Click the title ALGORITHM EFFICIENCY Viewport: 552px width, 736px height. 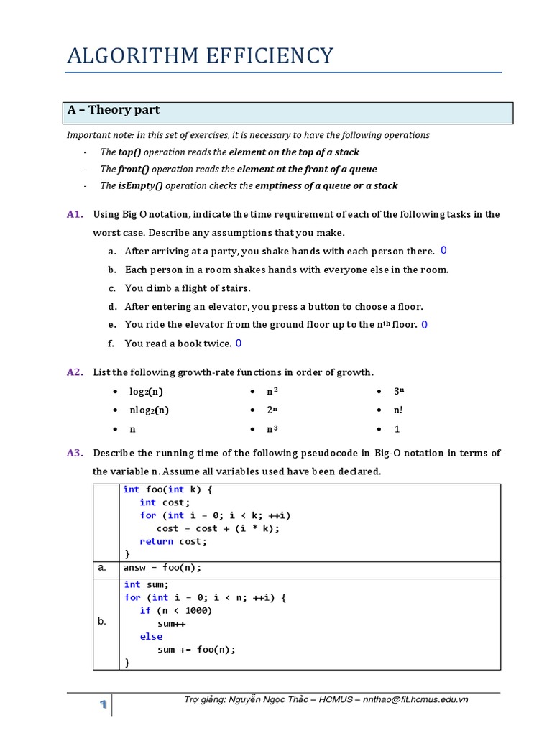(200, 56)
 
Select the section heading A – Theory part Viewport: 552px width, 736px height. (113, 111)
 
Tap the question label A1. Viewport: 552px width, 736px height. (75, 214)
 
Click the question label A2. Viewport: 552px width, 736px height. (75, 372)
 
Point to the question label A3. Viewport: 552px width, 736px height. (75, 453)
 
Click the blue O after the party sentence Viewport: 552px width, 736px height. (443, 250)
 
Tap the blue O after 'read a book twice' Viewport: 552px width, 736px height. (239, 344)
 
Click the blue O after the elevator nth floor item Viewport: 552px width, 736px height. (425, 325)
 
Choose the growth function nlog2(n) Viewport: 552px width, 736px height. (149, 410)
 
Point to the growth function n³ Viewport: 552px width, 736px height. (272, 429)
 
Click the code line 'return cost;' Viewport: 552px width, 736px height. (173, 541)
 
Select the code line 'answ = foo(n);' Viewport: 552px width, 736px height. (162, 568)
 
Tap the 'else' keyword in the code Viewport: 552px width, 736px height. (151, 636)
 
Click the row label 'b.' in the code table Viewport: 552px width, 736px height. (102, 622)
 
